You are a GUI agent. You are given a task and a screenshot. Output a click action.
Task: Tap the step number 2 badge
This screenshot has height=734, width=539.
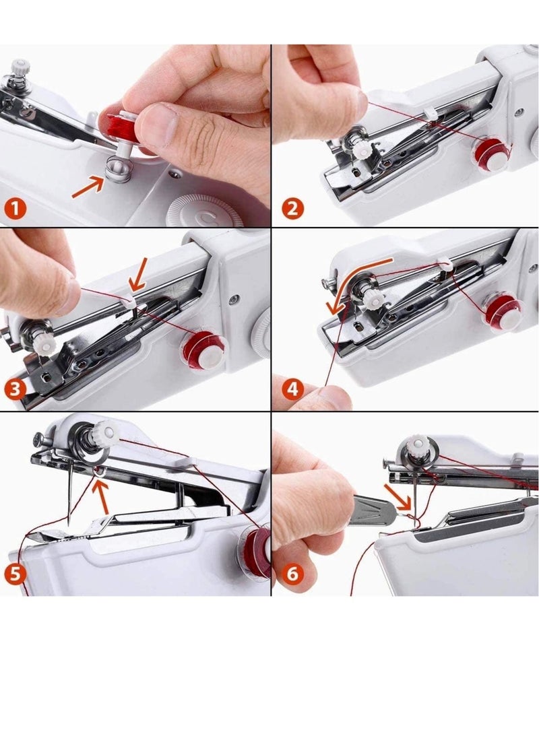click(x=291, y=208)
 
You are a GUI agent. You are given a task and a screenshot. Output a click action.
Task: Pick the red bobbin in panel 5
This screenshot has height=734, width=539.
click(x=255, y=549)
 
